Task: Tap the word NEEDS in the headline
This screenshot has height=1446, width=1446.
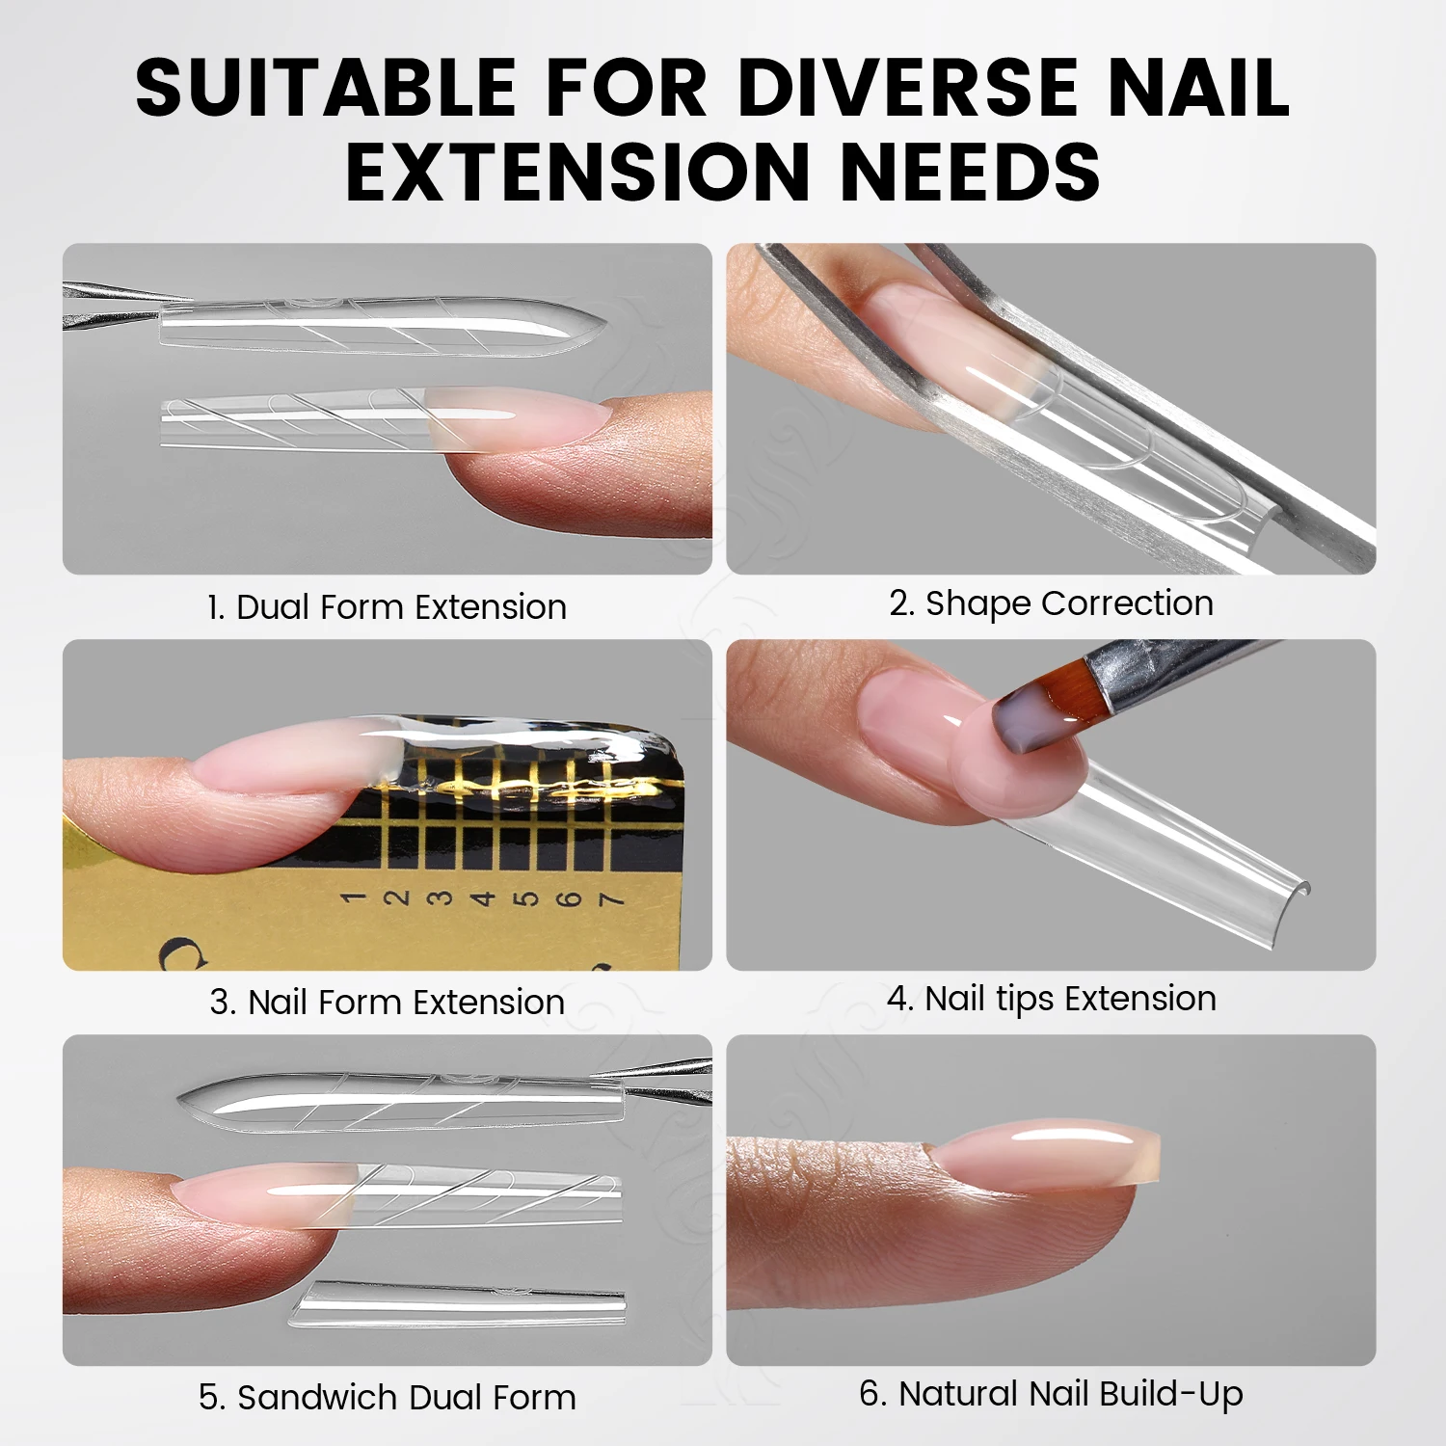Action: point(970,172)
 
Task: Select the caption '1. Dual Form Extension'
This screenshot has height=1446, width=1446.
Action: point(387,607)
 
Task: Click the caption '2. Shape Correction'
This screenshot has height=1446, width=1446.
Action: point(1051,603)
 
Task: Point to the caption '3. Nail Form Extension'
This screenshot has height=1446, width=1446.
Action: point(387,1003)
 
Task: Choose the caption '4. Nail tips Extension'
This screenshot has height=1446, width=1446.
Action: point(1051,999)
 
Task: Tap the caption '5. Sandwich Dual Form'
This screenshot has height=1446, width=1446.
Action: point(387,1398)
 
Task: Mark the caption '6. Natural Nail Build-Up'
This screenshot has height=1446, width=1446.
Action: point(1051,1394)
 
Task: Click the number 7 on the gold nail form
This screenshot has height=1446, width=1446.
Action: point(610,899)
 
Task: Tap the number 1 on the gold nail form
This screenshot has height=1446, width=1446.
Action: point(354,897)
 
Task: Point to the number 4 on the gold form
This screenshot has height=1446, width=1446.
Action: point(482,898)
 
